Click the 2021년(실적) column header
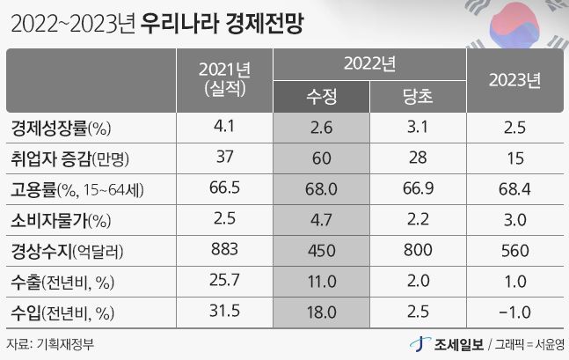point(223,79)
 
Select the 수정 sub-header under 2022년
point(320,95)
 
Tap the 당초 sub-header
point(416,95)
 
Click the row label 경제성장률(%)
point(61,128)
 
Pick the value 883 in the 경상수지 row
point(223,251)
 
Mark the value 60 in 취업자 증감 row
point(320,158)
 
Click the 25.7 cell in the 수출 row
point(223,282)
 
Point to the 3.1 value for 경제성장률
point(416,128)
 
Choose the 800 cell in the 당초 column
point(416,251)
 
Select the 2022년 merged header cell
point(368,63)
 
